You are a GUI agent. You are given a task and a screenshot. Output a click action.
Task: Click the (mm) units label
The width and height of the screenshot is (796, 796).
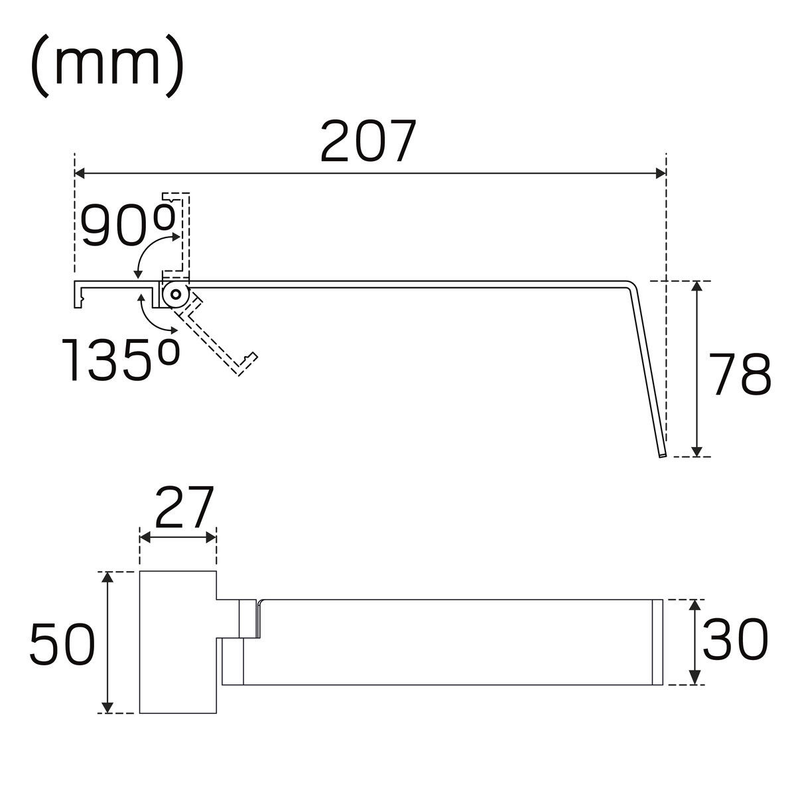click(x=107, y=66)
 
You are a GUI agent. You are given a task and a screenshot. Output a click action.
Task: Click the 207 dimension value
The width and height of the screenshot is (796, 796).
click(x=367, y=141)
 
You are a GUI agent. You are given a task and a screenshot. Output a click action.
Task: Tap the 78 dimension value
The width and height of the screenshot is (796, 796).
click(x=740, y=374)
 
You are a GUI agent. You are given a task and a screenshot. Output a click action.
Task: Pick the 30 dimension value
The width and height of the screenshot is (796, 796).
click(x=735, y=639)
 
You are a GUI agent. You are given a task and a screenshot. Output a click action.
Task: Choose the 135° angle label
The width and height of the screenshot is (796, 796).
click(x=121, y=360)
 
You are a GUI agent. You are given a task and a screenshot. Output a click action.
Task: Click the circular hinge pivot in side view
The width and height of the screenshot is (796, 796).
click(x=176, y=295)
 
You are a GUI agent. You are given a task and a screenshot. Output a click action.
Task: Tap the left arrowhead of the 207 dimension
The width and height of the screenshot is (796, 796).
click(x=80, y=174)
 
